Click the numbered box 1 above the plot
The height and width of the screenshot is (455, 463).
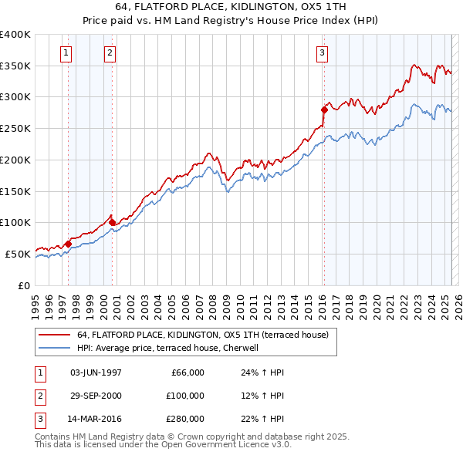(66, 53)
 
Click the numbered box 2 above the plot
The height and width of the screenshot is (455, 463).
(110, 53)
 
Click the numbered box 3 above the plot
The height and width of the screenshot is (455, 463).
(322, 53)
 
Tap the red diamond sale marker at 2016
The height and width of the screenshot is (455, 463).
(324, 110)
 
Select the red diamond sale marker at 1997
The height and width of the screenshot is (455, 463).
(68, 244)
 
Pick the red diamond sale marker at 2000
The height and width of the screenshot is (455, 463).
(113, 222)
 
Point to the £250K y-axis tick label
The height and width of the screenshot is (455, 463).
(15, 129)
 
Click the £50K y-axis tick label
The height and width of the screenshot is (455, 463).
(18, 254)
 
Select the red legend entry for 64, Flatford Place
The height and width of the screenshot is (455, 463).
(203, 335)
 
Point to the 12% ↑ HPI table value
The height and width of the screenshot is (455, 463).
(263, 396)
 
